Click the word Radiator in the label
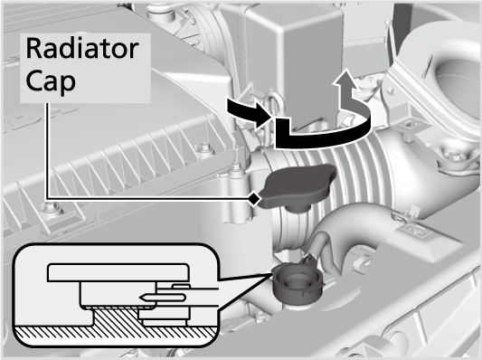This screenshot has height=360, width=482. point(82,48)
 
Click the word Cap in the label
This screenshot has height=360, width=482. point(51,81)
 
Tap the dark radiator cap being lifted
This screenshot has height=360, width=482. point(297,186)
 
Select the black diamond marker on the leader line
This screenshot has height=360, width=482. point(254,199)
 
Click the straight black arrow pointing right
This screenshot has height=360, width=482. point(249,111)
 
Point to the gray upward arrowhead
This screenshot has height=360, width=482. point(346,79)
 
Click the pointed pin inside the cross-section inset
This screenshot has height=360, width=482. point(162,298)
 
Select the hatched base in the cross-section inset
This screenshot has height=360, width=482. point(117,326)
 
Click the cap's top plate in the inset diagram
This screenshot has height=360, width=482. point(118,272)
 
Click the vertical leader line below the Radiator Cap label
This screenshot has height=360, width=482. point(47,151)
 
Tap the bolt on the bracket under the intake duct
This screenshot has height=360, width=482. point(451,156)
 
